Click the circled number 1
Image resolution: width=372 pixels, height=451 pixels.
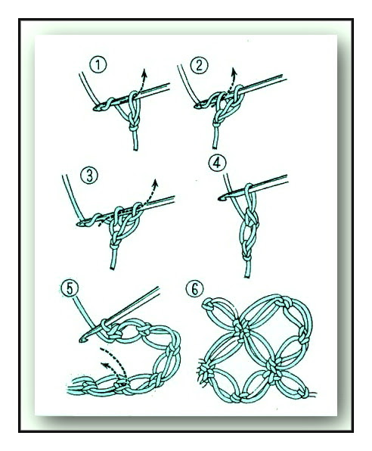pos(98,65)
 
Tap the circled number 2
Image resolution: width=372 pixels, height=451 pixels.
pos(199,65)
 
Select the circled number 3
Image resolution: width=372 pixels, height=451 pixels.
pos(89,176)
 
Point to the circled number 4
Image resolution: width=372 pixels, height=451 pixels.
pos(217,163)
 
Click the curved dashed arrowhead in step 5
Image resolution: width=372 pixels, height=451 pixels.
pos(106,366)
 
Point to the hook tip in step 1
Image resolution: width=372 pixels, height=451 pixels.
pos(96,108)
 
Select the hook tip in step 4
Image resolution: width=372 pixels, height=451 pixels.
pos(222,198)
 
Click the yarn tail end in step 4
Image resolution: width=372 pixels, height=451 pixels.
pos(247,276)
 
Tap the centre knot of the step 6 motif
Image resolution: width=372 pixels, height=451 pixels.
pos(244,328)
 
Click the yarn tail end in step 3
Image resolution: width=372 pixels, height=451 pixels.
pos(113,268)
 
